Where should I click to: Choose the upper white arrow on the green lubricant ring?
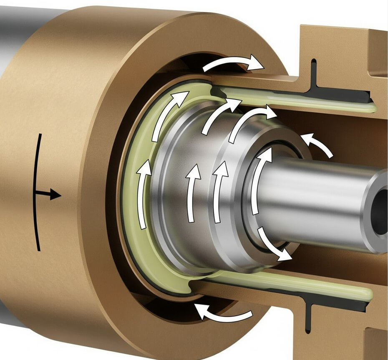(x=167, y=113)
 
